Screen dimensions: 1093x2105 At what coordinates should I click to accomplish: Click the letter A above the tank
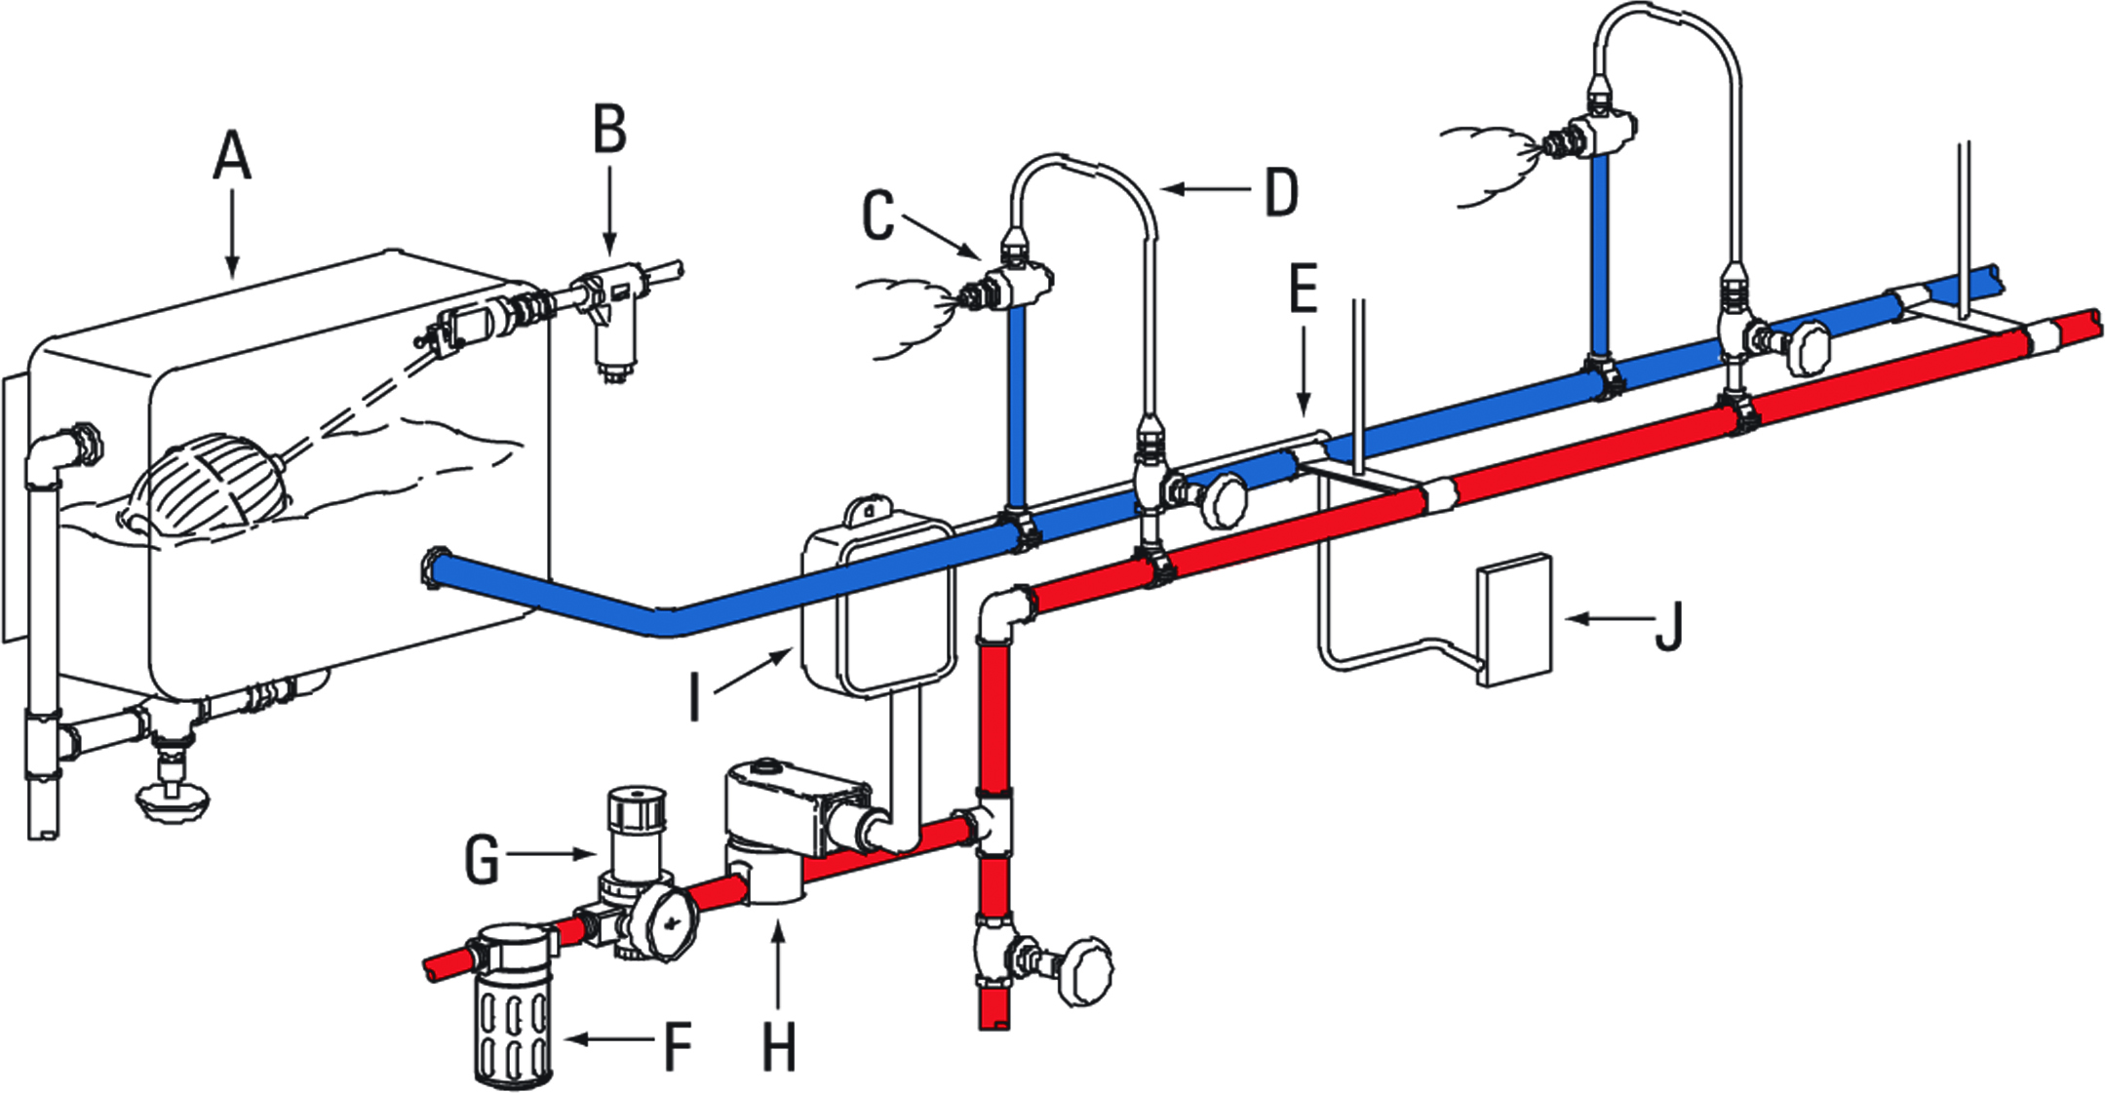pos(232,157)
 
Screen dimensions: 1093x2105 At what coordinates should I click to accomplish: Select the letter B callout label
pos(610,130)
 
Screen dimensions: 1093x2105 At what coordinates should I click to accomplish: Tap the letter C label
pos(877,215)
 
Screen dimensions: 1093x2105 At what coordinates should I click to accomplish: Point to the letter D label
pos(1281,192)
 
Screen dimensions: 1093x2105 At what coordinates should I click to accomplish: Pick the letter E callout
pos(1304,290)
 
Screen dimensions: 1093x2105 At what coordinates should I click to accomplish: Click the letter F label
pos(677,1046)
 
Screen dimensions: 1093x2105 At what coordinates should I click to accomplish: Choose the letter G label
pos(482,860)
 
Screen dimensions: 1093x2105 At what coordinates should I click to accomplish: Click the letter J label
pos(1669,626)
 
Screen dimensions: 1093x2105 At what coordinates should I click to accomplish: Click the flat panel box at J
pos(1513,620)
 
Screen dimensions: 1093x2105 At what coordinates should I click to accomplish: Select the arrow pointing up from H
pos(778,965)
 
